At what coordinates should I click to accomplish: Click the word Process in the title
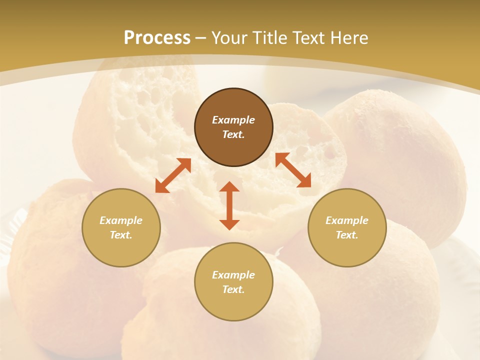[157, 38]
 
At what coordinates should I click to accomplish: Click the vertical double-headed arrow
[229, 205]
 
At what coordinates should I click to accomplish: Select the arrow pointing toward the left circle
[173, 175]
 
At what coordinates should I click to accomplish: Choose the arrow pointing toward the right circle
[293, 170]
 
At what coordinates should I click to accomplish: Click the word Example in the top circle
[233, 120]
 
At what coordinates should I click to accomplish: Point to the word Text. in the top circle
[233, 134]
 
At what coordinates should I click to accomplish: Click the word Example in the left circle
[121, 220]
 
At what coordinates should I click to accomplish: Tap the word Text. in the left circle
[121, 235]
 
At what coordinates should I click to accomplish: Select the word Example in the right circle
[347, 220]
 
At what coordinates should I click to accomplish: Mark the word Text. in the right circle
[347, 235]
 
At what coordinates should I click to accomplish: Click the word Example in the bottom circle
[233, 275]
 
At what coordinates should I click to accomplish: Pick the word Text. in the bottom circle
[233, 289]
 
